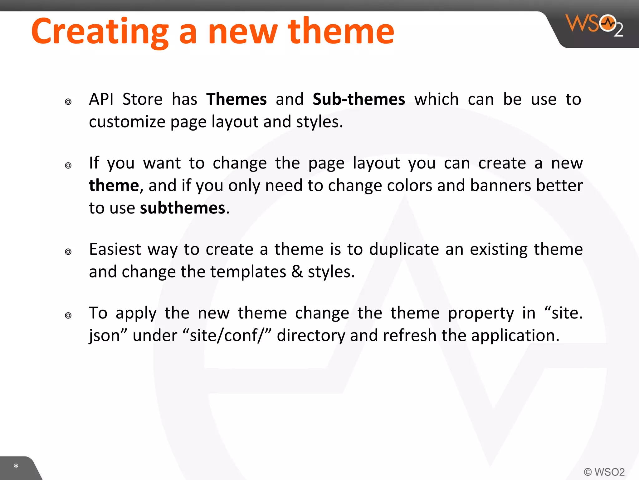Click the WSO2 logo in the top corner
click(x=594, y=25)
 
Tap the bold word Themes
click(x=237, y=99)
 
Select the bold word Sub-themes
click(x=359, y=99)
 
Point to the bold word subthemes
click(x=183, y=208)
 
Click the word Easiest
click(x=115, y=249)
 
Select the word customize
click(x=127, y=122)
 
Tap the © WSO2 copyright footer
click(x=604, y=472)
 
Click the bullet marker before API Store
click(x=68, y=102)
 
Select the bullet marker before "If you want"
click(x=68, y=165)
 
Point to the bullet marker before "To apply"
click(x=68, y=315)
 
